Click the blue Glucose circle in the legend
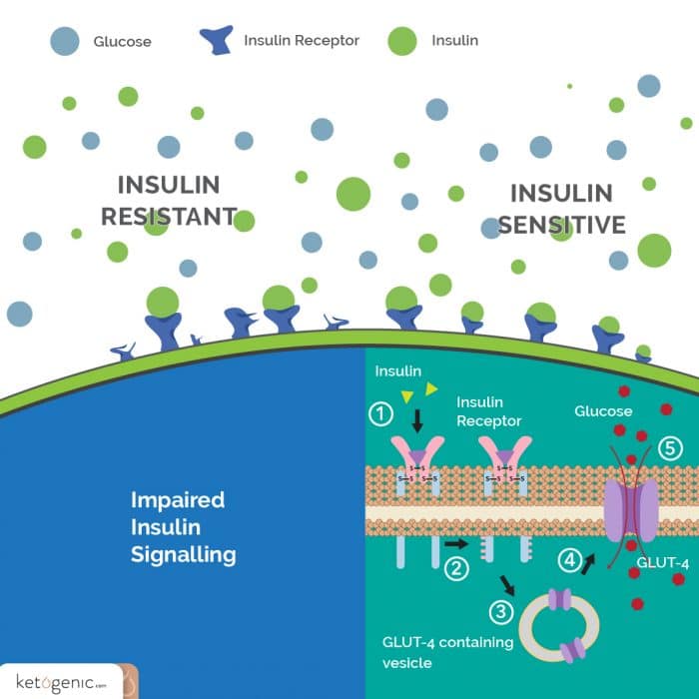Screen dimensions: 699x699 [65, 41]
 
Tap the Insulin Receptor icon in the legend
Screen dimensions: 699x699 [217, 40]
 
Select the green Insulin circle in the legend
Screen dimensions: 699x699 [401, 41]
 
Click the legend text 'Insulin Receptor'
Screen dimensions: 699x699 [301, 41]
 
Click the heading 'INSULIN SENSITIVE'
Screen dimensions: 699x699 [560, 209]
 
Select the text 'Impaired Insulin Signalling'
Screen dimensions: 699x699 [183, 527]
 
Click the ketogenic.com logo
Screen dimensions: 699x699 [60, 682]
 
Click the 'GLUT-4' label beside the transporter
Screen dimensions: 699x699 [663, 563]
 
